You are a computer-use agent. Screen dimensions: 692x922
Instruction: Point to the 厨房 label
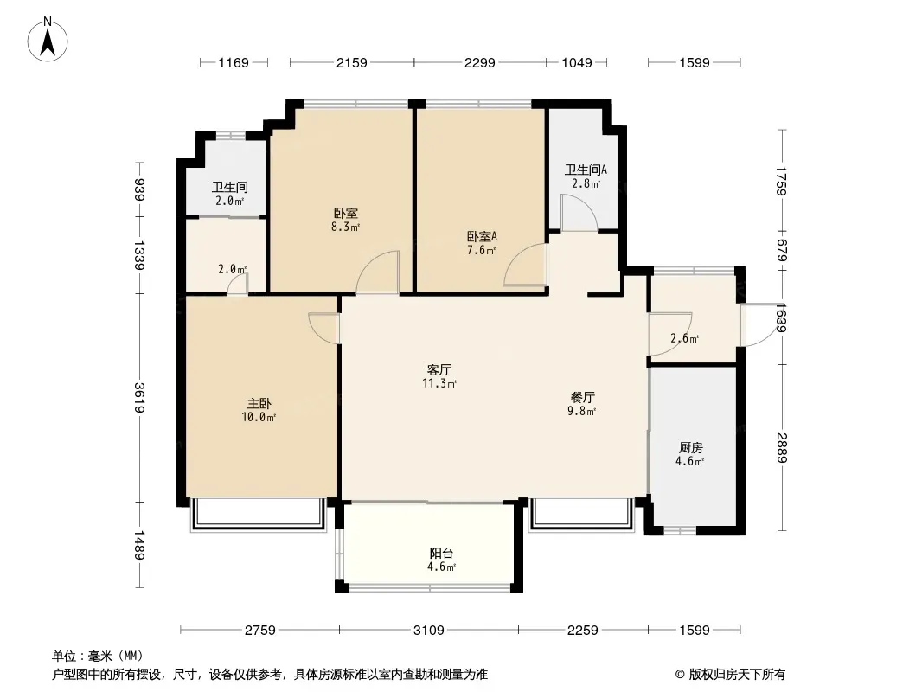690,447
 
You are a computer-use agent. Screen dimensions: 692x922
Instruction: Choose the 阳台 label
441,553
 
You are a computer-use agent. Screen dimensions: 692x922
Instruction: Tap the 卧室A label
483,236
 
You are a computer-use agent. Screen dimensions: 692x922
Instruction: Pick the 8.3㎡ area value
347,228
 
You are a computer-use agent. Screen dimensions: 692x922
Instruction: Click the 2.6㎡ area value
684,338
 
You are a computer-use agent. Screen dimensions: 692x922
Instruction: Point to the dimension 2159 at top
352,62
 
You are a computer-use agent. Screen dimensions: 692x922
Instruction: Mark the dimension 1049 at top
576,62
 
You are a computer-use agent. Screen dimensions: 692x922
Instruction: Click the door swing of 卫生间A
574,213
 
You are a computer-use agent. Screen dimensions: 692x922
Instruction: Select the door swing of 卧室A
526,266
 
